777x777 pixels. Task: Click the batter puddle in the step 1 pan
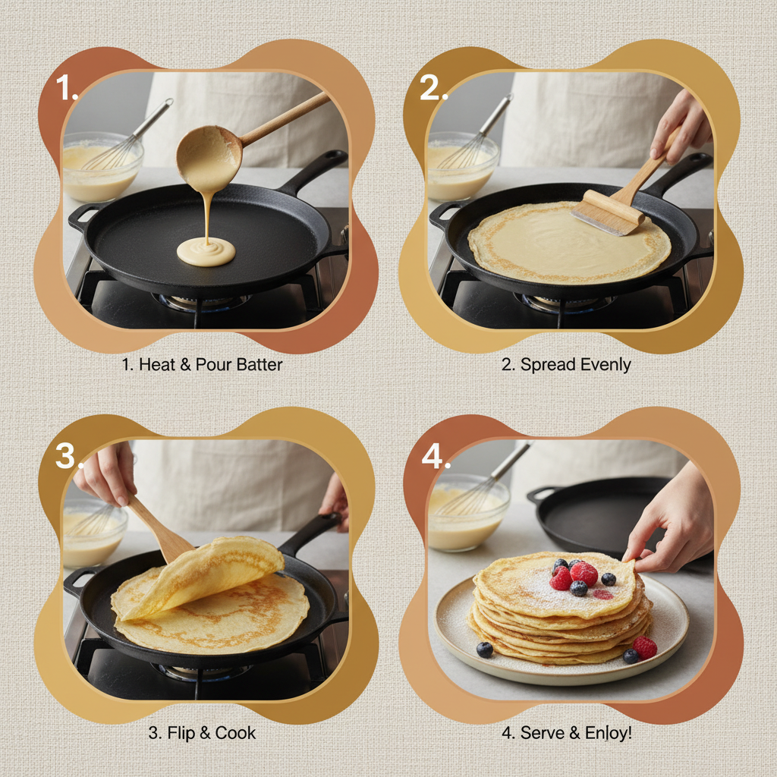(206, 252)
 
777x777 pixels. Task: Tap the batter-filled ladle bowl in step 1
(209, 157)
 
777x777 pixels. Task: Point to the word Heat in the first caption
(157, 364)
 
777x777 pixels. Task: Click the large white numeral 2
(433, 90)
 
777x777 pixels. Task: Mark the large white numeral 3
(69, 457)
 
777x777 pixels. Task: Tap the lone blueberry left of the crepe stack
(484, 650)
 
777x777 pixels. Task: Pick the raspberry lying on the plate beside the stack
(645, 646)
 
